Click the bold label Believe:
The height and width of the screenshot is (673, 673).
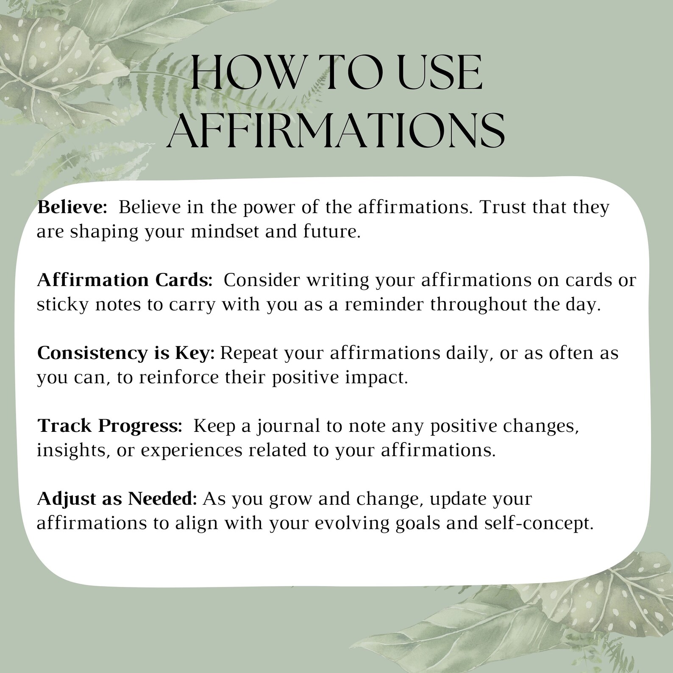click(x=72, y=207)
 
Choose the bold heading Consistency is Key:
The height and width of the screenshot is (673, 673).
click(x=126, y=353)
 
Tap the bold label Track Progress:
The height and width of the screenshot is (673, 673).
click(x=110, y=426)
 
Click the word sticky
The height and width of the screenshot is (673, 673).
click(x=62, y=305)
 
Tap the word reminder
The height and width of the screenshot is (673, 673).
click(x=384, y=305)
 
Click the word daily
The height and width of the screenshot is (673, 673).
click(x=469, y=353)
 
